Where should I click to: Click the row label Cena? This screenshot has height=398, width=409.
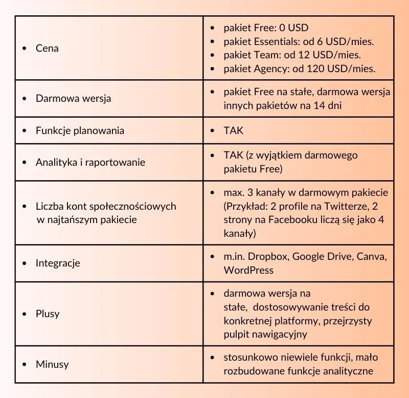(x=47, y=48)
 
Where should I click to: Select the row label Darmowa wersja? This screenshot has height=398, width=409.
(x=73, y=98)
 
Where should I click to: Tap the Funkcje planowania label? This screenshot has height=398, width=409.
(x=80, y=130)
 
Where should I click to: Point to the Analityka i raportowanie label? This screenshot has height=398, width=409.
(x=90, y=162)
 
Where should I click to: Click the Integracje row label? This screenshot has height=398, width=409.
(x=58, y=263)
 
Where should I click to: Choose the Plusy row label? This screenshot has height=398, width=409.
(x=48, y=314)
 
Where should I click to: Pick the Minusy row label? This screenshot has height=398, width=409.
(x=52, y=364)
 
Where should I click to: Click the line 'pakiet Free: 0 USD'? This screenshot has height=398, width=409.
(x=266, y=28)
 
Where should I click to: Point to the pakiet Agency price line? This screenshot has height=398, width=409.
(x=300, y=68)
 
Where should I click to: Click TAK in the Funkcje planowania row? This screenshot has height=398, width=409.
(x=234, y=130)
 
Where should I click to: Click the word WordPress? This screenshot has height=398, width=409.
(x=248, y=270)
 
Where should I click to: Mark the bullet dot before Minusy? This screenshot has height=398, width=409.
(x=24, y=365)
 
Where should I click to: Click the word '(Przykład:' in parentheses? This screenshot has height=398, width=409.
(x=245, y=206)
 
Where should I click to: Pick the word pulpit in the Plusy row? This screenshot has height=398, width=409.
(x=237, y=334)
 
